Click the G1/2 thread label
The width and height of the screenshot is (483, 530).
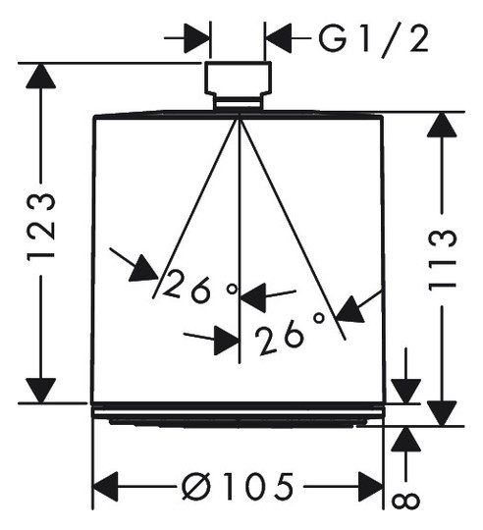tap(373, 40)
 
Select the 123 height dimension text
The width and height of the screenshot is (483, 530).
tap(41, 226)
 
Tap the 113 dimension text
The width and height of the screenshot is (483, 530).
tap(443, 259)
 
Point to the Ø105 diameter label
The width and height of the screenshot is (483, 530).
tap(238, 486)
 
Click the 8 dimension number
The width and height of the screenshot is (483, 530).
tap(405, 500)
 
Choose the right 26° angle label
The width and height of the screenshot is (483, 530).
tap(290, 334)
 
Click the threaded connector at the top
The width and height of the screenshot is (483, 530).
tap(238, 78)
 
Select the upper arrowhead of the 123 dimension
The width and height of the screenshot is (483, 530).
tap(41, 77)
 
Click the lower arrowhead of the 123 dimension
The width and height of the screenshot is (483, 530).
tap(41, 391)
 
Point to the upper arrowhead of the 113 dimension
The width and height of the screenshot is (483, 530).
tap(442, 125)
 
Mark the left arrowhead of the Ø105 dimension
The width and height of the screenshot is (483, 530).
tap(105, 487)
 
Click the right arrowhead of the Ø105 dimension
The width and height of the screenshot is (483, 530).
tap(371, 487)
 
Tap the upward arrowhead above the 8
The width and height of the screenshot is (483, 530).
tap(405, 440)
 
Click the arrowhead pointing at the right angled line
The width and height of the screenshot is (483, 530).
tap(351, 310)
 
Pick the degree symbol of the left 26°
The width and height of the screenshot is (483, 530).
tap(233, 289)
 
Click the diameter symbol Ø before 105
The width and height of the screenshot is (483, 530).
tap(196, 487)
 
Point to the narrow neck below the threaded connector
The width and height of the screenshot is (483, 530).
tap(238, 103)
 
